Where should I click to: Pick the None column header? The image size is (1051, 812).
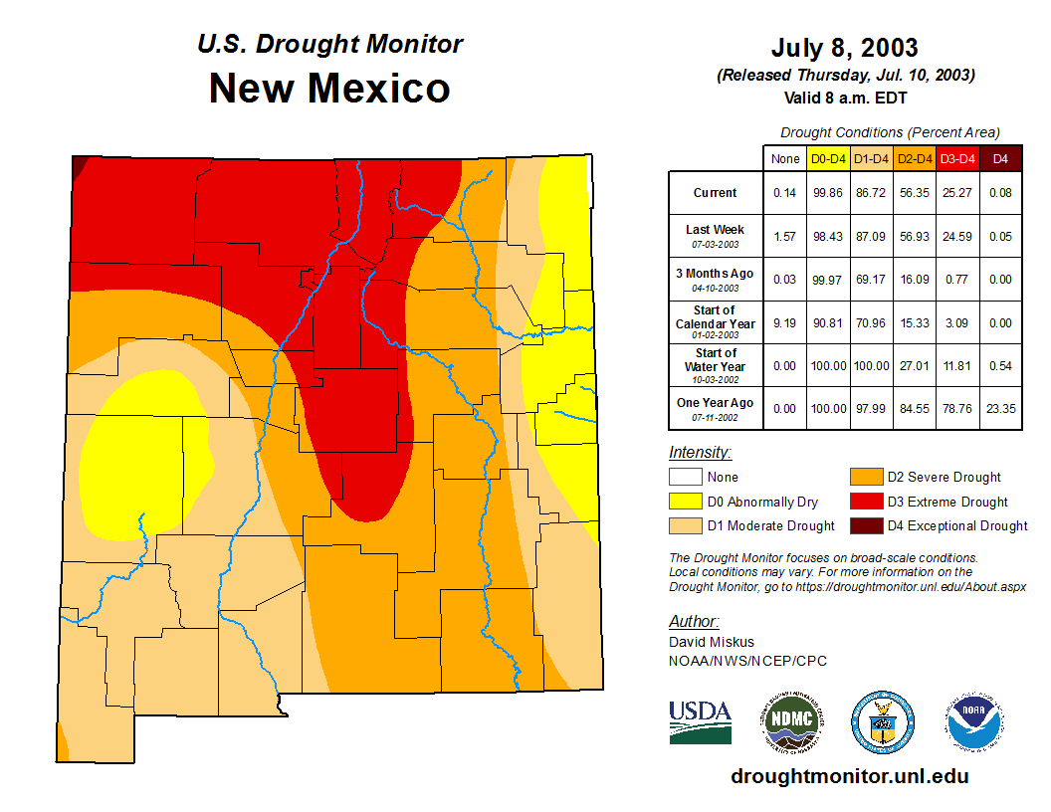pos(784,158)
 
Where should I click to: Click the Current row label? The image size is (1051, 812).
pos(716,193)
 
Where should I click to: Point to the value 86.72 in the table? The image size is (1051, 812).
pos(871,193)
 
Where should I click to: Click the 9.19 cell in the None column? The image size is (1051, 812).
pos(784,322)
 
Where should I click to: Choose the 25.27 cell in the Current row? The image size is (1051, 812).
pos(957,193)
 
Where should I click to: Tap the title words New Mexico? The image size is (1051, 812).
pos(329,89)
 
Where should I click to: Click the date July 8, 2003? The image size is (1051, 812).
pos(844,48)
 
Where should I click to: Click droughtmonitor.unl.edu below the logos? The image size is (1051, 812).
pos(849,776)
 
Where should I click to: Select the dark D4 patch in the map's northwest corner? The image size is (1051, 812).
pos(78,162)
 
